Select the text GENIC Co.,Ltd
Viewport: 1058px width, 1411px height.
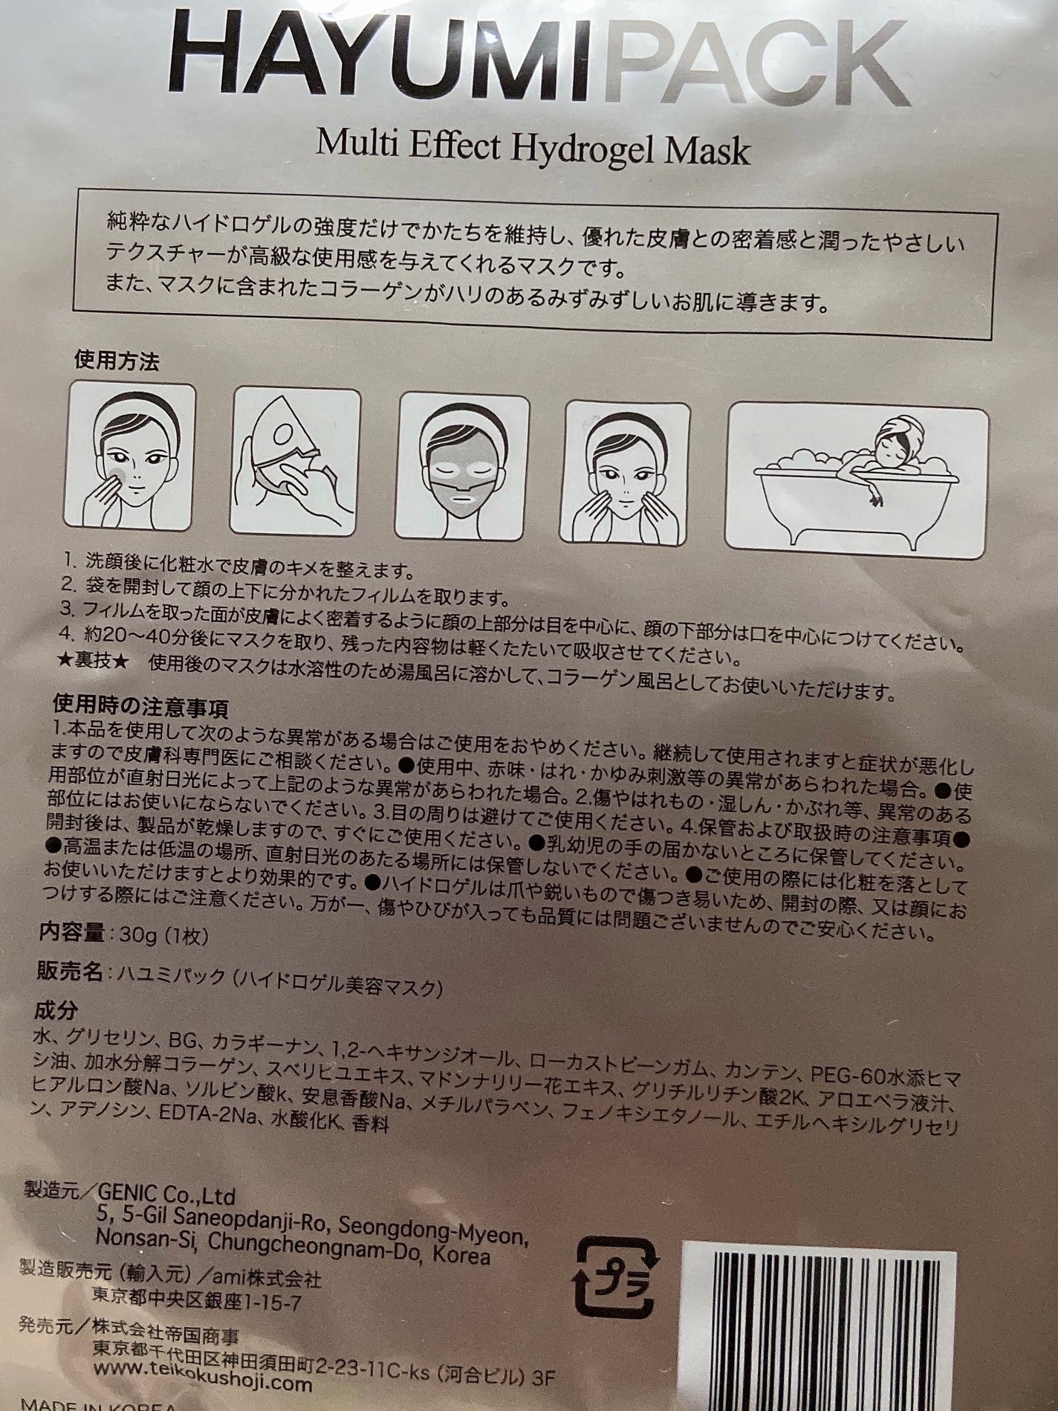click(165, 1196)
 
